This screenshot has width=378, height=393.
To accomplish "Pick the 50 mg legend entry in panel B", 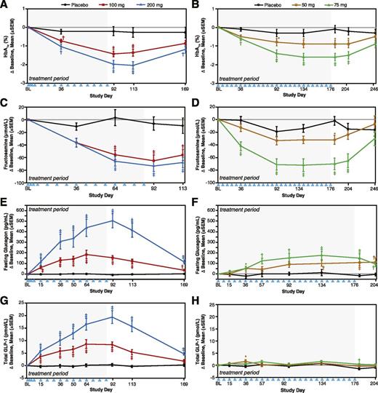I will [317, 6].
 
